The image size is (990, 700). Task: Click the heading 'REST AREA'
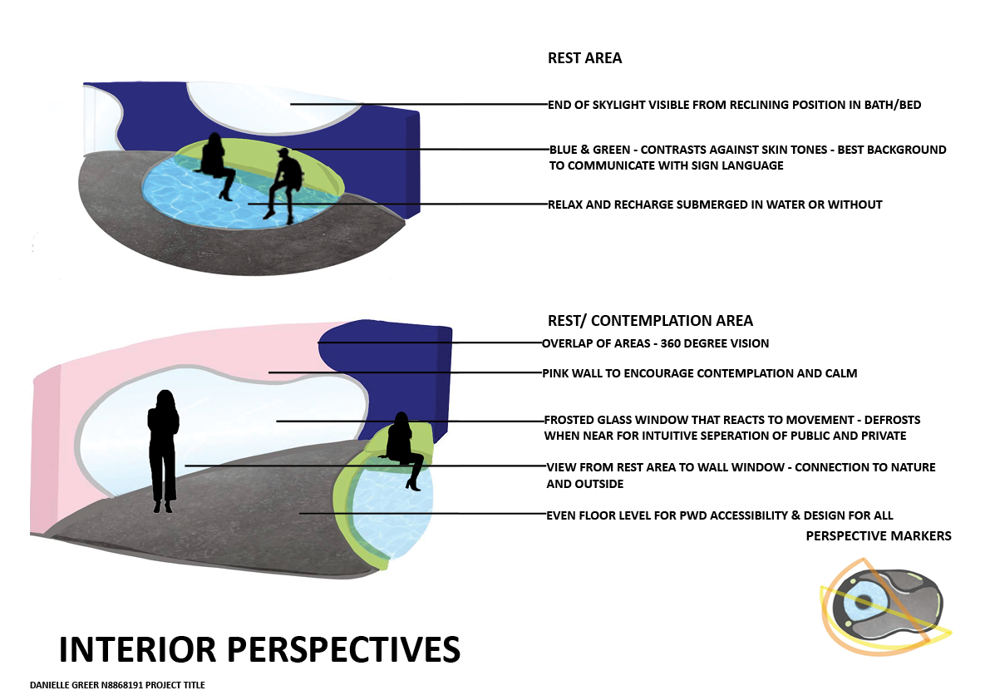point(584,58)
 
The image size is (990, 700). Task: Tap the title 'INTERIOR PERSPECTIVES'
point(259,649)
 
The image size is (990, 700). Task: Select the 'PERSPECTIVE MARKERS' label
point(879,536)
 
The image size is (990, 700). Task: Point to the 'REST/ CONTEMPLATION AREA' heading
point(650,321)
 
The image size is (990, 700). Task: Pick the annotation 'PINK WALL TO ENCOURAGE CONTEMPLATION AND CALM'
point(699,373)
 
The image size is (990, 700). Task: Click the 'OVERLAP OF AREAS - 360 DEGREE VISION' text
point(655,343)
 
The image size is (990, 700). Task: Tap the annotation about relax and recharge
point(714,205)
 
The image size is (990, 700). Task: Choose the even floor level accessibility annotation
point(719,515)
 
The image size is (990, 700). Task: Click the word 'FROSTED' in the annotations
point(570,420)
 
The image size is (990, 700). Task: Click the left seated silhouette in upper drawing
point(215,162)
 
